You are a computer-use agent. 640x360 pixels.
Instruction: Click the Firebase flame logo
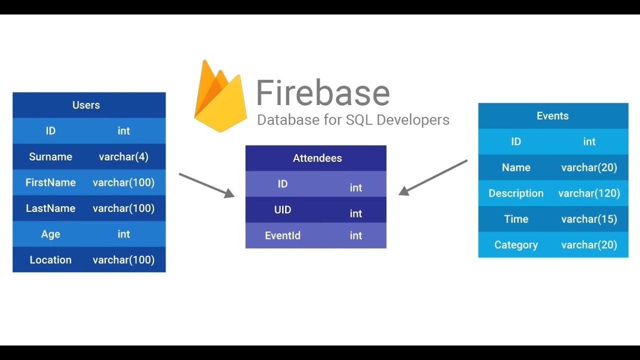pos(220,97)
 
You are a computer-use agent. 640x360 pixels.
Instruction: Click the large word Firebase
pos(322,93)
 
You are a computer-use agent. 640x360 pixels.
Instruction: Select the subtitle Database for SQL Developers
pos(353,120)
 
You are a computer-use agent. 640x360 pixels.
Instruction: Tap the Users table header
pos(86,105)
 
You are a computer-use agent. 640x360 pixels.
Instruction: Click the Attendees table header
pos(317,158)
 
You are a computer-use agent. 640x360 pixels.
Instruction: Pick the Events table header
pos(552,116)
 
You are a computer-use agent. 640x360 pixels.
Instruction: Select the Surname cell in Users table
pos(50,157)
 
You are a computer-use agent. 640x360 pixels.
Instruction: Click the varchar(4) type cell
pos(123,157)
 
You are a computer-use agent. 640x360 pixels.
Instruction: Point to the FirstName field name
pos(50,182)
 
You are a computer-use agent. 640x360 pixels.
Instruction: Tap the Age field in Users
pos(50,234)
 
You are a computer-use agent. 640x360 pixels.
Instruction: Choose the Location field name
pos(50,260)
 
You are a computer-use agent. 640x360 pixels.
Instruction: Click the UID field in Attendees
pos(282,210)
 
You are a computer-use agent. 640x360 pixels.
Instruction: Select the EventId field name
pos(282,235)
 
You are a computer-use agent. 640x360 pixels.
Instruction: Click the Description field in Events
pos(515,193)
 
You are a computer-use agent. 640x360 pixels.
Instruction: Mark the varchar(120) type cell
pos(589,193)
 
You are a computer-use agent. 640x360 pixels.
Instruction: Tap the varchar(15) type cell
pos(589,219)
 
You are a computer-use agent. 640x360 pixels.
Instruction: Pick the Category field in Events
pos(515,245)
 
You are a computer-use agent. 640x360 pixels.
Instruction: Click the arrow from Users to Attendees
pos(206,185)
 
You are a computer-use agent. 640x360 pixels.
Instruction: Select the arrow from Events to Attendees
pos(433,177)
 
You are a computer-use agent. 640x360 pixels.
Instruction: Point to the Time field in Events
pos(515,219)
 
